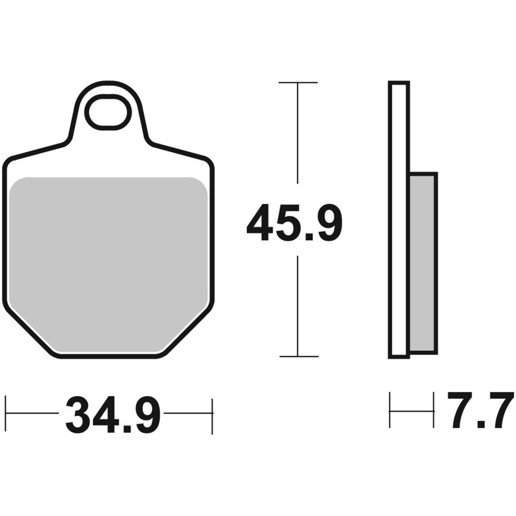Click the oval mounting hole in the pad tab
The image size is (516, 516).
pos(108,112)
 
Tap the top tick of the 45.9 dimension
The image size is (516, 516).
pos(298,83)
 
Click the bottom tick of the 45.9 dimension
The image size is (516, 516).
pos(299,356)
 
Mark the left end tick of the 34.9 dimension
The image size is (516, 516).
pos(6,413)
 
